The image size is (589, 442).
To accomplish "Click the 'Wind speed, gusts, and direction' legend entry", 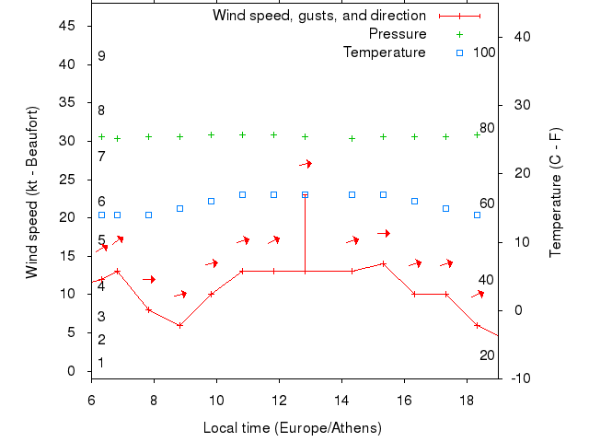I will pyautogui.click(x=318, y=16).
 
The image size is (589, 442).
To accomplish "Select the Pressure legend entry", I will pyautogui.click(x=398, y=34).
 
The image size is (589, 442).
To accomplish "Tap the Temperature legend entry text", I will pyautogui.click(x=385, y=52).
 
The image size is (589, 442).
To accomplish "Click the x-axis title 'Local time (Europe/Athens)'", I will pyautogui.click(x=292, y=428).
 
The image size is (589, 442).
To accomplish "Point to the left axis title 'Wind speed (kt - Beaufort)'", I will pyautogui.click(x=31, y=192).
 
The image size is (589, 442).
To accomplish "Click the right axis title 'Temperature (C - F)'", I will pyautogui.click(x=556, y=192).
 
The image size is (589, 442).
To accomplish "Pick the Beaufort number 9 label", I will pyautogui.click(x=101, y=56).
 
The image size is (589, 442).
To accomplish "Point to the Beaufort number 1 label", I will pyautogui.click(x=101, y=363).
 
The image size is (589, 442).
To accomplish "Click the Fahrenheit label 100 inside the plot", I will pyautogui.click(x=484, y=52).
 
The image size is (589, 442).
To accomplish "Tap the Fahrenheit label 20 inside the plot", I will pyautogui.click(x=487, y=355).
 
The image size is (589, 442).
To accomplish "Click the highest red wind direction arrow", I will pyautogui.click(x=306, y=164).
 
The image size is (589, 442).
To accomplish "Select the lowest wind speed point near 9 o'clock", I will pyautogui.click(x=179, y=325).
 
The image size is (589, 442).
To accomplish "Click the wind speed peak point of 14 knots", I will pyautogui.click(x=383, y=263).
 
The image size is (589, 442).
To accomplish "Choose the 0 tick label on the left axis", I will pyautogui.click(x=72, y=371).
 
